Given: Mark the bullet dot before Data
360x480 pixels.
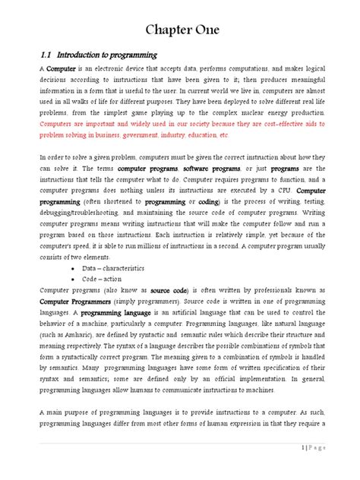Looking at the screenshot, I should coord(72,269).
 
